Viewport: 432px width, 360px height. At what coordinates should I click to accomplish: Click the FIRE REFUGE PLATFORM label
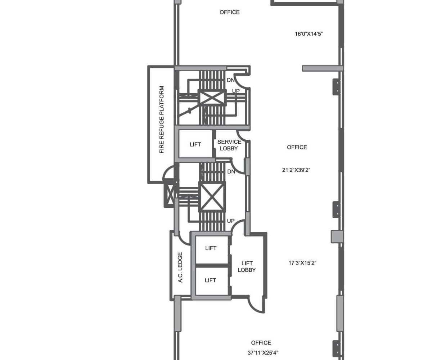162,120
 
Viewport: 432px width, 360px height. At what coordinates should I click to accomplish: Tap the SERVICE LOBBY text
229,145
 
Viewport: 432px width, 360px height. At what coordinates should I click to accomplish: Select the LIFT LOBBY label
247,266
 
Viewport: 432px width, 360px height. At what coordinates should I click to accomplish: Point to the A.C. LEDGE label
180,267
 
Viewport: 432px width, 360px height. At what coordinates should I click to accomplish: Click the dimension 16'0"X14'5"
309,34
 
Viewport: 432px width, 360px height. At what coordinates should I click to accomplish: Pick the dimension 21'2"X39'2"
296,170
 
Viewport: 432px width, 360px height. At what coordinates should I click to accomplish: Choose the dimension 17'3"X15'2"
302,263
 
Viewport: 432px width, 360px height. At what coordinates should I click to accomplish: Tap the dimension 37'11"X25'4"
263,352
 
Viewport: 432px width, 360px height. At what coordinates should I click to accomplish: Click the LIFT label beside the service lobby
195,144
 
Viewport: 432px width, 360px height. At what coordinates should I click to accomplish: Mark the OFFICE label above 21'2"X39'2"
297,147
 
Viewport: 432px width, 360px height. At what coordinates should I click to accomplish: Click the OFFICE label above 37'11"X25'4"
261,343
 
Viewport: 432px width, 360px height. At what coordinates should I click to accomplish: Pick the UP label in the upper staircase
236,91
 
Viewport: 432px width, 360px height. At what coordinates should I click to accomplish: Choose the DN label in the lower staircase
231,171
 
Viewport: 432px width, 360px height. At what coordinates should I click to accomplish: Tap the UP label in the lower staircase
231,221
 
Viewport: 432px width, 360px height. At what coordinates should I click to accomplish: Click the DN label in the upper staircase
230,80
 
